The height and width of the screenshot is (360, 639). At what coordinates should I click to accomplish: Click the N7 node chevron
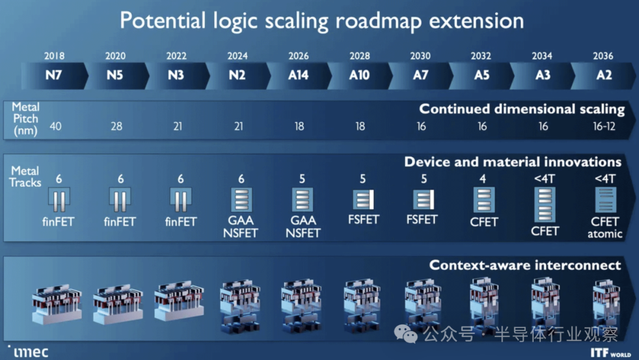tap(54, 76)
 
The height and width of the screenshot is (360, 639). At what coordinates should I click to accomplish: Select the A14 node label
tap(298, 76)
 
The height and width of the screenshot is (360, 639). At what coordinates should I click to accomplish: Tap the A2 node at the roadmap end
tap(603, 76)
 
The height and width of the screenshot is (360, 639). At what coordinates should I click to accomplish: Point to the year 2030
tap(420, 56)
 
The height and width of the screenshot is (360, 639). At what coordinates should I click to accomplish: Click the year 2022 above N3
tap(176, 56)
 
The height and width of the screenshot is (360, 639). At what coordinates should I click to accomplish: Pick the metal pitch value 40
tap(55, 127)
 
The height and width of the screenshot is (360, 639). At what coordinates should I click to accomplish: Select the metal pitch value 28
tap(116, 127)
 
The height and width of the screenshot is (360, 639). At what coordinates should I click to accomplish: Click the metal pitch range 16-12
tap(603, 127)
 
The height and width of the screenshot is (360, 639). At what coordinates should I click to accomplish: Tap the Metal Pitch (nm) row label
tap(25, 119)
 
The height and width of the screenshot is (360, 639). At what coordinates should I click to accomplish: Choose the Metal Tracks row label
tap(25, 176)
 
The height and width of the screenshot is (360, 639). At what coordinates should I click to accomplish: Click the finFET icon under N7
tap(59, 200)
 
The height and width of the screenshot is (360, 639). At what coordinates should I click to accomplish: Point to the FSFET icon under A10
tap(363, 200)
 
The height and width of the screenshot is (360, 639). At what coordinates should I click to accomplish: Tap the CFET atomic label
tap(605, 227)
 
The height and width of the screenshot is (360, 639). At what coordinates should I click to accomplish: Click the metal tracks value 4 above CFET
tap(483, 179)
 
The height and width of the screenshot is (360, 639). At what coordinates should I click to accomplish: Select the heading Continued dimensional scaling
tap(522, 109)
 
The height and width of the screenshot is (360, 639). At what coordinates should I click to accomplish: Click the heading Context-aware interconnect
tap(525, 265)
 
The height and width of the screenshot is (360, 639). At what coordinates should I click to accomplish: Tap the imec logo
tap(28, 351)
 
